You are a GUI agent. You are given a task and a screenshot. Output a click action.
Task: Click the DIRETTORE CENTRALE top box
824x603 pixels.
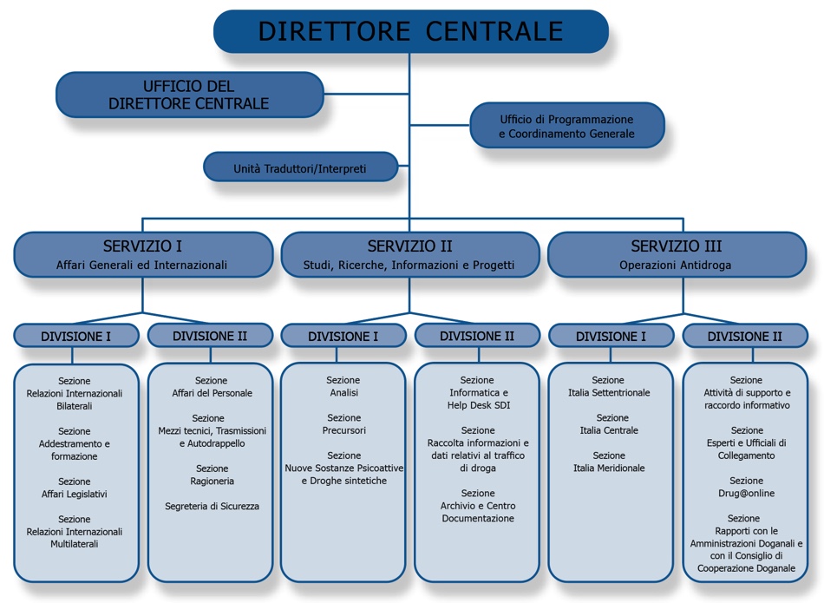point(411,31)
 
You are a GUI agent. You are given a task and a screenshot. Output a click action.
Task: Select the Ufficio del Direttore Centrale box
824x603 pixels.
point(190,95)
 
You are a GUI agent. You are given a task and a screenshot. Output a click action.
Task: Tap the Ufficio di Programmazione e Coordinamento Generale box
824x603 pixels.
point(567,126)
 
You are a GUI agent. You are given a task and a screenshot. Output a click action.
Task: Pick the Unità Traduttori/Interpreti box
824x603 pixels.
point(300,167)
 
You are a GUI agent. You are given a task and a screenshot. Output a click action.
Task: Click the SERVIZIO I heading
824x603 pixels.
point(142,246)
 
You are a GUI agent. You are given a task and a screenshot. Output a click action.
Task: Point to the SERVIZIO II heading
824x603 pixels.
point(410,246)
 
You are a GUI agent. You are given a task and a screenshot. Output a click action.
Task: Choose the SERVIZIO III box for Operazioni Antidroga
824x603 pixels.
point(677,255)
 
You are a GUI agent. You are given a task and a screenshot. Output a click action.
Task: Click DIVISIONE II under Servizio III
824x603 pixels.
point(745,336)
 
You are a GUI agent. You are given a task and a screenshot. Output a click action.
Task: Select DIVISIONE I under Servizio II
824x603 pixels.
point(343,336)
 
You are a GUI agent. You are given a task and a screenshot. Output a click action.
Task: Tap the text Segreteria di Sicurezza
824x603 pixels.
point(212,507)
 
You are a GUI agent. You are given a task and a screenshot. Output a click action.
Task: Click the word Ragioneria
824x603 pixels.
point(213,481)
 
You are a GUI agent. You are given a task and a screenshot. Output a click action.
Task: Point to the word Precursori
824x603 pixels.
point(344,430)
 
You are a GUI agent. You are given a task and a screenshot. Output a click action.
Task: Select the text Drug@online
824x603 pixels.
point(746,493)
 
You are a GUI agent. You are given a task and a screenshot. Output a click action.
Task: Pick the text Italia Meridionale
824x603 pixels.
point(609,468)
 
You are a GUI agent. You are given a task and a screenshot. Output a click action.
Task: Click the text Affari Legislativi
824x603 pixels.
point(74,494)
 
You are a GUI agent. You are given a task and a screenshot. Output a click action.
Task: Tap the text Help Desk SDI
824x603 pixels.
point(479,405)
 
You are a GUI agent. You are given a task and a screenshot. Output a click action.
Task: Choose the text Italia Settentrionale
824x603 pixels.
point(609,393)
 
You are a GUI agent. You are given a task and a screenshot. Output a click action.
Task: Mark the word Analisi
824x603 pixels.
point(344,393)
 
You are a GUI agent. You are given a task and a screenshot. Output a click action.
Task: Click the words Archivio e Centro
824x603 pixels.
point(478,506)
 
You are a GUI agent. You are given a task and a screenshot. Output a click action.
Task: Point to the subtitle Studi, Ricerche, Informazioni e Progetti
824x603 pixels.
point(409,265)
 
